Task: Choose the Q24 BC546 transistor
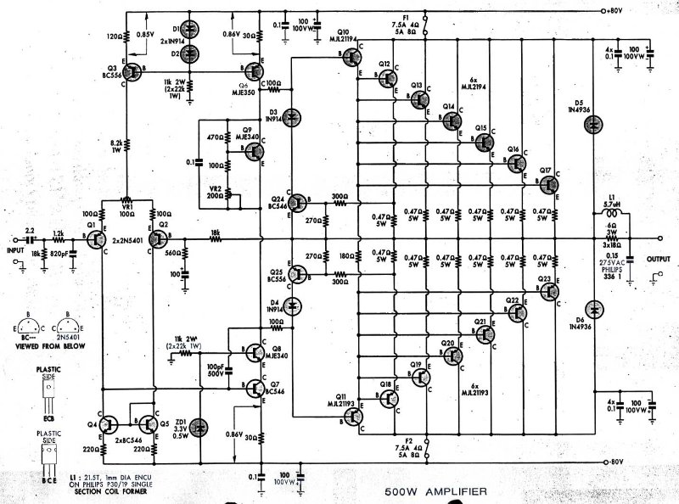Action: click(x=299, y=202)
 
